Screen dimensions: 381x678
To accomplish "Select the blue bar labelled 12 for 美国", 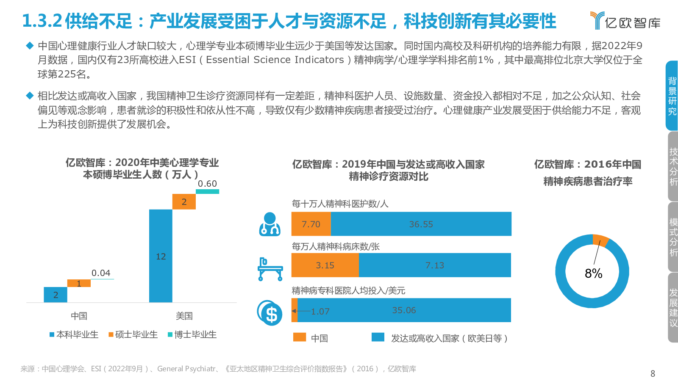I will pos(161,256).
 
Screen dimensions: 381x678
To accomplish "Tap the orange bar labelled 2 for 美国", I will pos(184,202).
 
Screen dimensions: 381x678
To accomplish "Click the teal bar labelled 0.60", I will pos(207,192).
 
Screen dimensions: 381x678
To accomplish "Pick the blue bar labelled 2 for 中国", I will pos(56,295).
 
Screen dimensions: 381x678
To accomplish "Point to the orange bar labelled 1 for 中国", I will pos(79,283).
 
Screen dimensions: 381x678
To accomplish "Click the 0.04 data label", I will pos(101,273).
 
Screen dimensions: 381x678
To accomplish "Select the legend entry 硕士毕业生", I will pos(133,334).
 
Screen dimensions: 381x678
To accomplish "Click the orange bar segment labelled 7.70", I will pos(311,224).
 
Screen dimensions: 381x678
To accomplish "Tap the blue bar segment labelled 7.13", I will pos(435,265).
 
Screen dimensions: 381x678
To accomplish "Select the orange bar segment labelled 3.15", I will pos(325,265).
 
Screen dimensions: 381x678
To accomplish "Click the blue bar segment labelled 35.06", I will pos(404,310).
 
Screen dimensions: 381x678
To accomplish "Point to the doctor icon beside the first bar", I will pos(270,224).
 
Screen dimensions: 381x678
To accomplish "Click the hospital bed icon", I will pos(270,269).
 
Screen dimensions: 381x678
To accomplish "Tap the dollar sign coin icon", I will pos(270,313).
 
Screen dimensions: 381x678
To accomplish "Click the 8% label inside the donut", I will pos(593,273).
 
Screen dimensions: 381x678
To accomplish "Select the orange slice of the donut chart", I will pos(600,240).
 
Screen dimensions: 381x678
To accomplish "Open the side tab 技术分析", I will pos(673,166).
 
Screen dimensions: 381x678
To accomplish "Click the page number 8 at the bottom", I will pos(653,373).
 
